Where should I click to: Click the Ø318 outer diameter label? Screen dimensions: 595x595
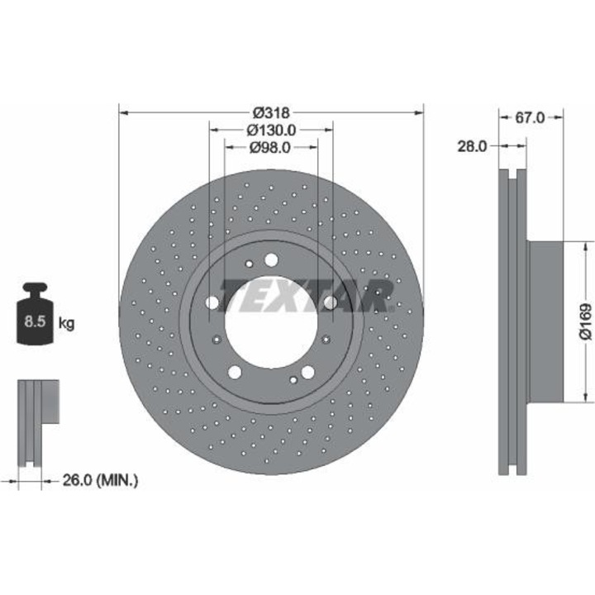[271, 112]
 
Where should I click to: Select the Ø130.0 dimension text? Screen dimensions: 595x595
[271, 131]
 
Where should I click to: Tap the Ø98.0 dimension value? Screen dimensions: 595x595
[269, 148]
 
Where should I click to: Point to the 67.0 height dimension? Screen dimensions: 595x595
[530, 117]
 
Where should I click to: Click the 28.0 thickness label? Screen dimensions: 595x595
[472, 146]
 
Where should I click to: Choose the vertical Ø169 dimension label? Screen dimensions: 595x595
[585, 321]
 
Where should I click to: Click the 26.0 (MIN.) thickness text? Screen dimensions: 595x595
[100, 481]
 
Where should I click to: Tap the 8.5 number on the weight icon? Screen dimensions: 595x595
[35, 321]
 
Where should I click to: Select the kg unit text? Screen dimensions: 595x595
[66, 324]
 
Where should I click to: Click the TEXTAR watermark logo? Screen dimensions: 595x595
[306, 296]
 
